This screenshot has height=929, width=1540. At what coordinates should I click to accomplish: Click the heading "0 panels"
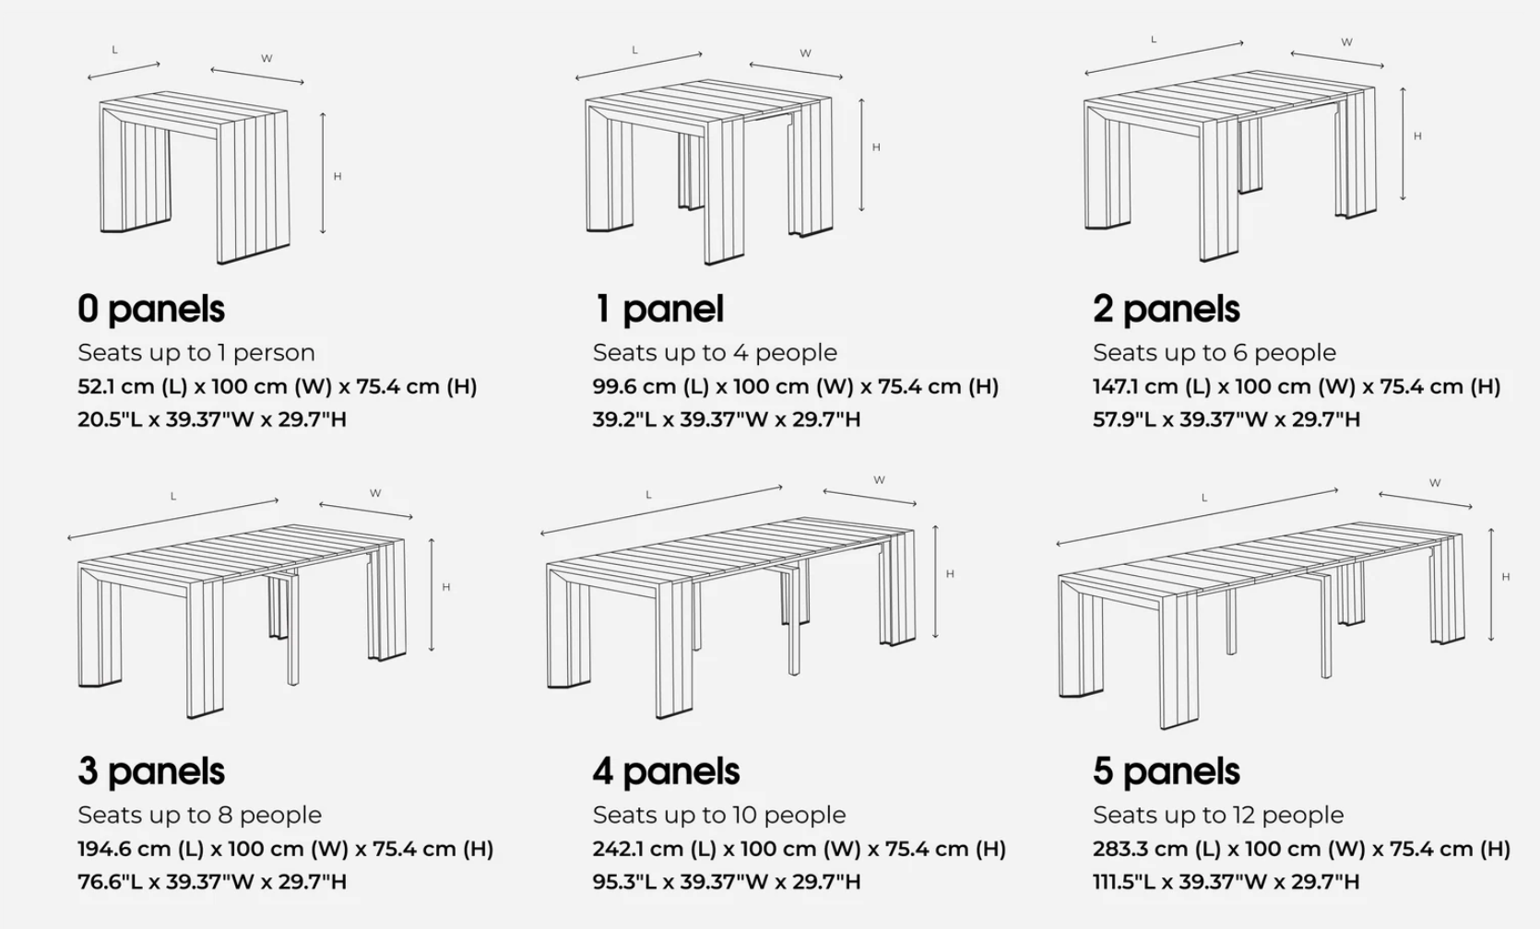pyautogui.click(x=151, y=310)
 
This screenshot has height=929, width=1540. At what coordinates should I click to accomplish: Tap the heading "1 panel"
pyautogui.click(x=658, y=310)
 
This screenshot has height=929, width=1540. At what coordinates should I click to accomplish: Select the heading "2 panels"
pyautogui.click(x=1166, y=310)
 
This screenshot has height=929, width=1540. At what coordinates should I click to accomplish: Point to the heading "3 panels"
pyautogui.click(x=151, y=772)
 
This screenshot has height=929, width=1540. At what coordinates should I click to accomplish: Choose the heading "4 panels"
pyautogui.click(x=666, y=772)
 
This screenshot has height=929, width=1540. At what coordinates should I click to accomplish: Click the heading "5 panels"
pyautogui.click(x=1166, y=772)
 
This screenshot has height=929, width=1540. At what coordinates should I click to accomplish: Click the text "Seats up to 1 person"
pyautogui.click(x=196, y=352)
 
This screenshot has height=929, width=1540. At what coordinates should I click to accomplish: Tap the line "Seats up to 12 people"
pyautogui.click(x=1218, y=815)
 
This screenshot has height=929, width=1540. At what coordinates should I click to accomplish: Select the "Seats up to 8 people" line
pyautogui.click(x=199, y=815)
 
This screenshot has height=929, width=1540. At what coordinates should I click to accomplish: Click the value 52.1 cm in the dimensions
pyautogui.click(x=115, y=386)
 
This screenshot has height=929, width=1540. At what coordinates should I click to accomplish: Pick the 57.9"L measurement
pyautogui.click(x=1124, y=419)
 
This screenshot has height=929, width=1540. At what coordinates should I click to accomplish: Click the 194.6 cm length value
pyautogui.click(x=124, y=849)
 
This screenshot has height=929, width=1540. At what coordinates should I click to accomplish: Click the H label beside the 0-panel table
pyautogui.click(x=337, y=177)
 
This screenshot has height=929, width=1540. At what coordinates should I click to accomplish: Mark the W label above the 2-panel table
pyautogui.click(x=1346, y=42)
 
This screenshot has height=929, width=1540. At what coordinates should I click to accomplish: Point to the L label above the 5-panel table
pyautogui.click(x=1203, y=499)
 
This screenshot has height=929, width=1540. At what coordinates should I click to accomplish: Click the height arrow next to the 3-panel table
pyautogui.click(x=431, y=594)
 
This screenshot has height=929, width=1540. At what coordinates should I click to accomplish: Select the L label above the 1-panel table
pyautogui.click(x=634, y=50)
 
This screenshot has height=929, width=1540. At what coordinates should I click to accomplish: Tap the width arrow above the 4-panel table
pyautogui.click(x=870, y=498)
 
